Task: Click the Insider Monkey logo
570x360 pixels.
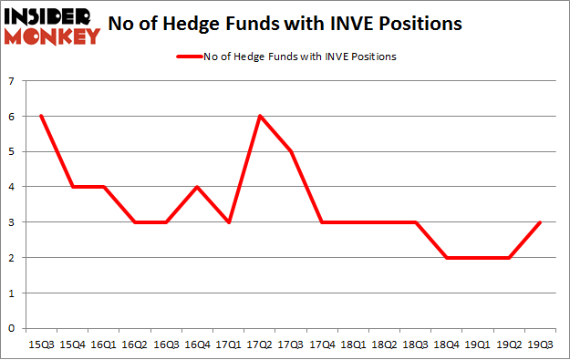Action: [x=51, y=26]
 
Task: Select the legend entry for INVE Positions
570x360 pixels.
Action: [x=287, y=56]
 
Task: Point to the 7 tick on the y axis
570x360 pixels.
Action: [x=11, y=81]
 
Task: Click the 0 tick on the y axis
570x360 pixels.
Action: [x=11, y=328]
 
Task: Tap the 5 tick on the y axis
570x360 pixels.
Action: [x=11, y=151]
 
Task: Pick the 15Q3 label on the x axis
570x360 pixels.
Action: [x=40, y=345]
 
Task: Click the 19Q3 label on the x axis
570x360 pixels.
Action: [x=540, y=345]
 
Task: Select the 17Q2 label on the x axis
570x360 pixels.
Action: [x=259, y=345]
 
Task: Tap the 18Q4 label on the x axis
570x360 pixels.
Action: [x=446, y=345]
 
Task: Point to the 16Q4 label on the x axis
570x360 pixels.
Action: [x=196, y=345]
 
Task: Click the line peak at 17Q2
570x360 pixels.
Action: [x=259, y=116]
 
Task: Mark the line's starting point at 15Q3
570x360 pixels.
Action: [x=40, y=116]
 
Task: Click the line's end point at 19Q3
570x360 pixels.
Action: [x=540, y=221]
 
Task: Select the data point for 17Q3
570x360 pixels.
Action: [x=290, y=151]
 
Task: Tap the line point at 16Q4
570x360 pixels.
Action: [x=196, y=187]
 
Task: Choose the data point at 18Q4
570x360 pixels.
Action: [x=446, y=257]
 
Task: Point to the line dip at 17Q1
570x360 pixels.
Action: [x=228, y=221]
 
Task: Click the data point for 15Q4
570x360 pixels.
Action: [x=71, y=187]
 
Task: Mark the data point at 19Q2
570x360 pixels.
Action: [x=509, y=257]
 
